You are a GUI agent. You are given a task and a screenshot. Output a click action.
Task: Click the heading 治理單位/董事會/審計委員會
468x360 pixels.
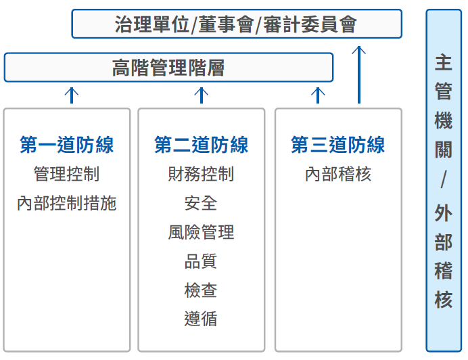coord(236,24)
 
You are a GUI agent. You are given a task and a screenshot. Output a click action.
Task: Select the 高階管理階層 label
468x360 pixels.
coord(168,68)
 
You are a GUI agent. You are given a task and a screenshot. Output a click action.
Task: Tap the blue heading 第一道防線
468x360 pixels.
coord(67,145)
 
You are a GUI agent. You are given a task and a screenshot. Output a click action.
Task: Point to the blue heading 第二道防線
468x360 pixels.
coord(201,145)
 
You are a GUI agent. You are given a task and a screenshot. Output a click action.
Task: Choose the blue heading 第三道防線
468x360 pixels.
coord(338,145)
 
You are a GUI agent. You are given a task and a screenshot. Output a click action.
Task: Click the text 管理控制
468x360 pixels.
coord(66,174)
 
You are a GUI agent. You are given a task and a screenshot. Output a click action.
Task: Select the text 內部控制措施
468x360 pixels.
coord(66,203)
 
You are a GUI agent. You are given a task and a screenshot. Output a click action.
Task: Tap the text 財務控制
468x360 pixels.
coord(201,174)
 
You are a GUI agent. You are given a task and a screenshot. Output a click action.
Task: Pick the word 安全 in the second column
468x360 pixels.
coord(201,203)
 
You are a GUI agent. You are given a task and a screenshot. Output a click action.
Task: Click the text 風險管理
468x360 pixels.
coord(201,232)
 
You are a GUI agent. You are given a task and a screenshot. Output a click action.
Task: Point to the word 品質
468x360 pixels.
coord(201,261)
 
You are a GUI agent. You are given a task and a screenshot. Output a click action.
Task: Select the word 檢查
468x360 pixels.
coord(201,290)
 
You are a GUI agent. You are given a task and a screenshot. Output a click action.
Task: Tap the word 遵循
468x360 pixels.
coord(201,319)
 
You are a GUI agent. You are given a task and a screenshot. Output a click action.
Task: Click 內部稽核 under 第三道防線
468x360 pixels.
coord(338,174)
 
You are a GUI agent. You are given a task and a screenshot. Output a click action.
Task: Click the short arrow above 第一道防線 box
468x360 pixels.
coord(72,95)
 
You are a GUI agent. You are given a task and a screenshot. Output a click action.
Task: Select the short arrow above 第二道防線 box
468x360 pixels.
coord(202,95)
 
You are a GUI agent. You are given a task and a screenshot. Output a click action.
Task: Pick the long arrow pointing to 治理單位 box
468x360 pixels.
coord(359,74)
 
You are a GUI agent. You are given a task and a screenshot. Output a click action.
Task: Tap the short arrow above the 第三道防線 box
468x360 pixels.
coord(318,95)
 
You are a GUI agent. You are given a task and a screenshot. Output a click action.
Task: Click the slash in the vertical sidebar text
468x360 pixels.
coord(444,179)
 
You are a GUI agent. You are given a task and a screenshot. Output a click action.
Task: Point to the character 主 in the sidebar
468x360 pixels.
coord(444,62)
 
